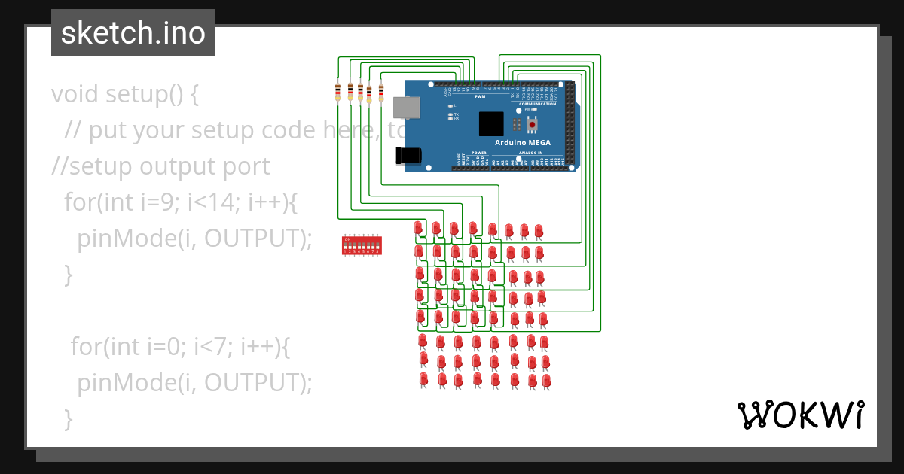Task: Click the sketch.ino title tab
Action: [133, 33]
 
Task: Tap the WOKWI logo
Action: [800, 415]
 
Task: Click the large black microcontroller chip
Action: [490, 123]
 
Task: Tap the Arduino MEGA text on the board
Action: [522, 143]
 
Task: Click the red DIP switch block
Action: [362, 245]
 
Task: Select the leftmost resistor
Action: [338, 92]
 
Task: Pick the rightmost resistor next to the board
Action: [381, 93]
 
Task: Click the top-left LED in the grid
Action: [419, 227]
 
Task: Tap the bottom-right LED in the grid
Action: [547, 381]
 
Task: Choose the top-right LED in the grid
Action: [539, 230]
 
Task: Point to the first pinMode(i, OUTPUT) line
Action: [194, 238]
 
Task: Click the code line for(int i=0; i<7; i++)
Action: [180, 347]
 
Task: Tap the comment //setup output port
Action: [160, 166]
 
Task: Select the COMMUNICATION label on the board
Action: [537, 104]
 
